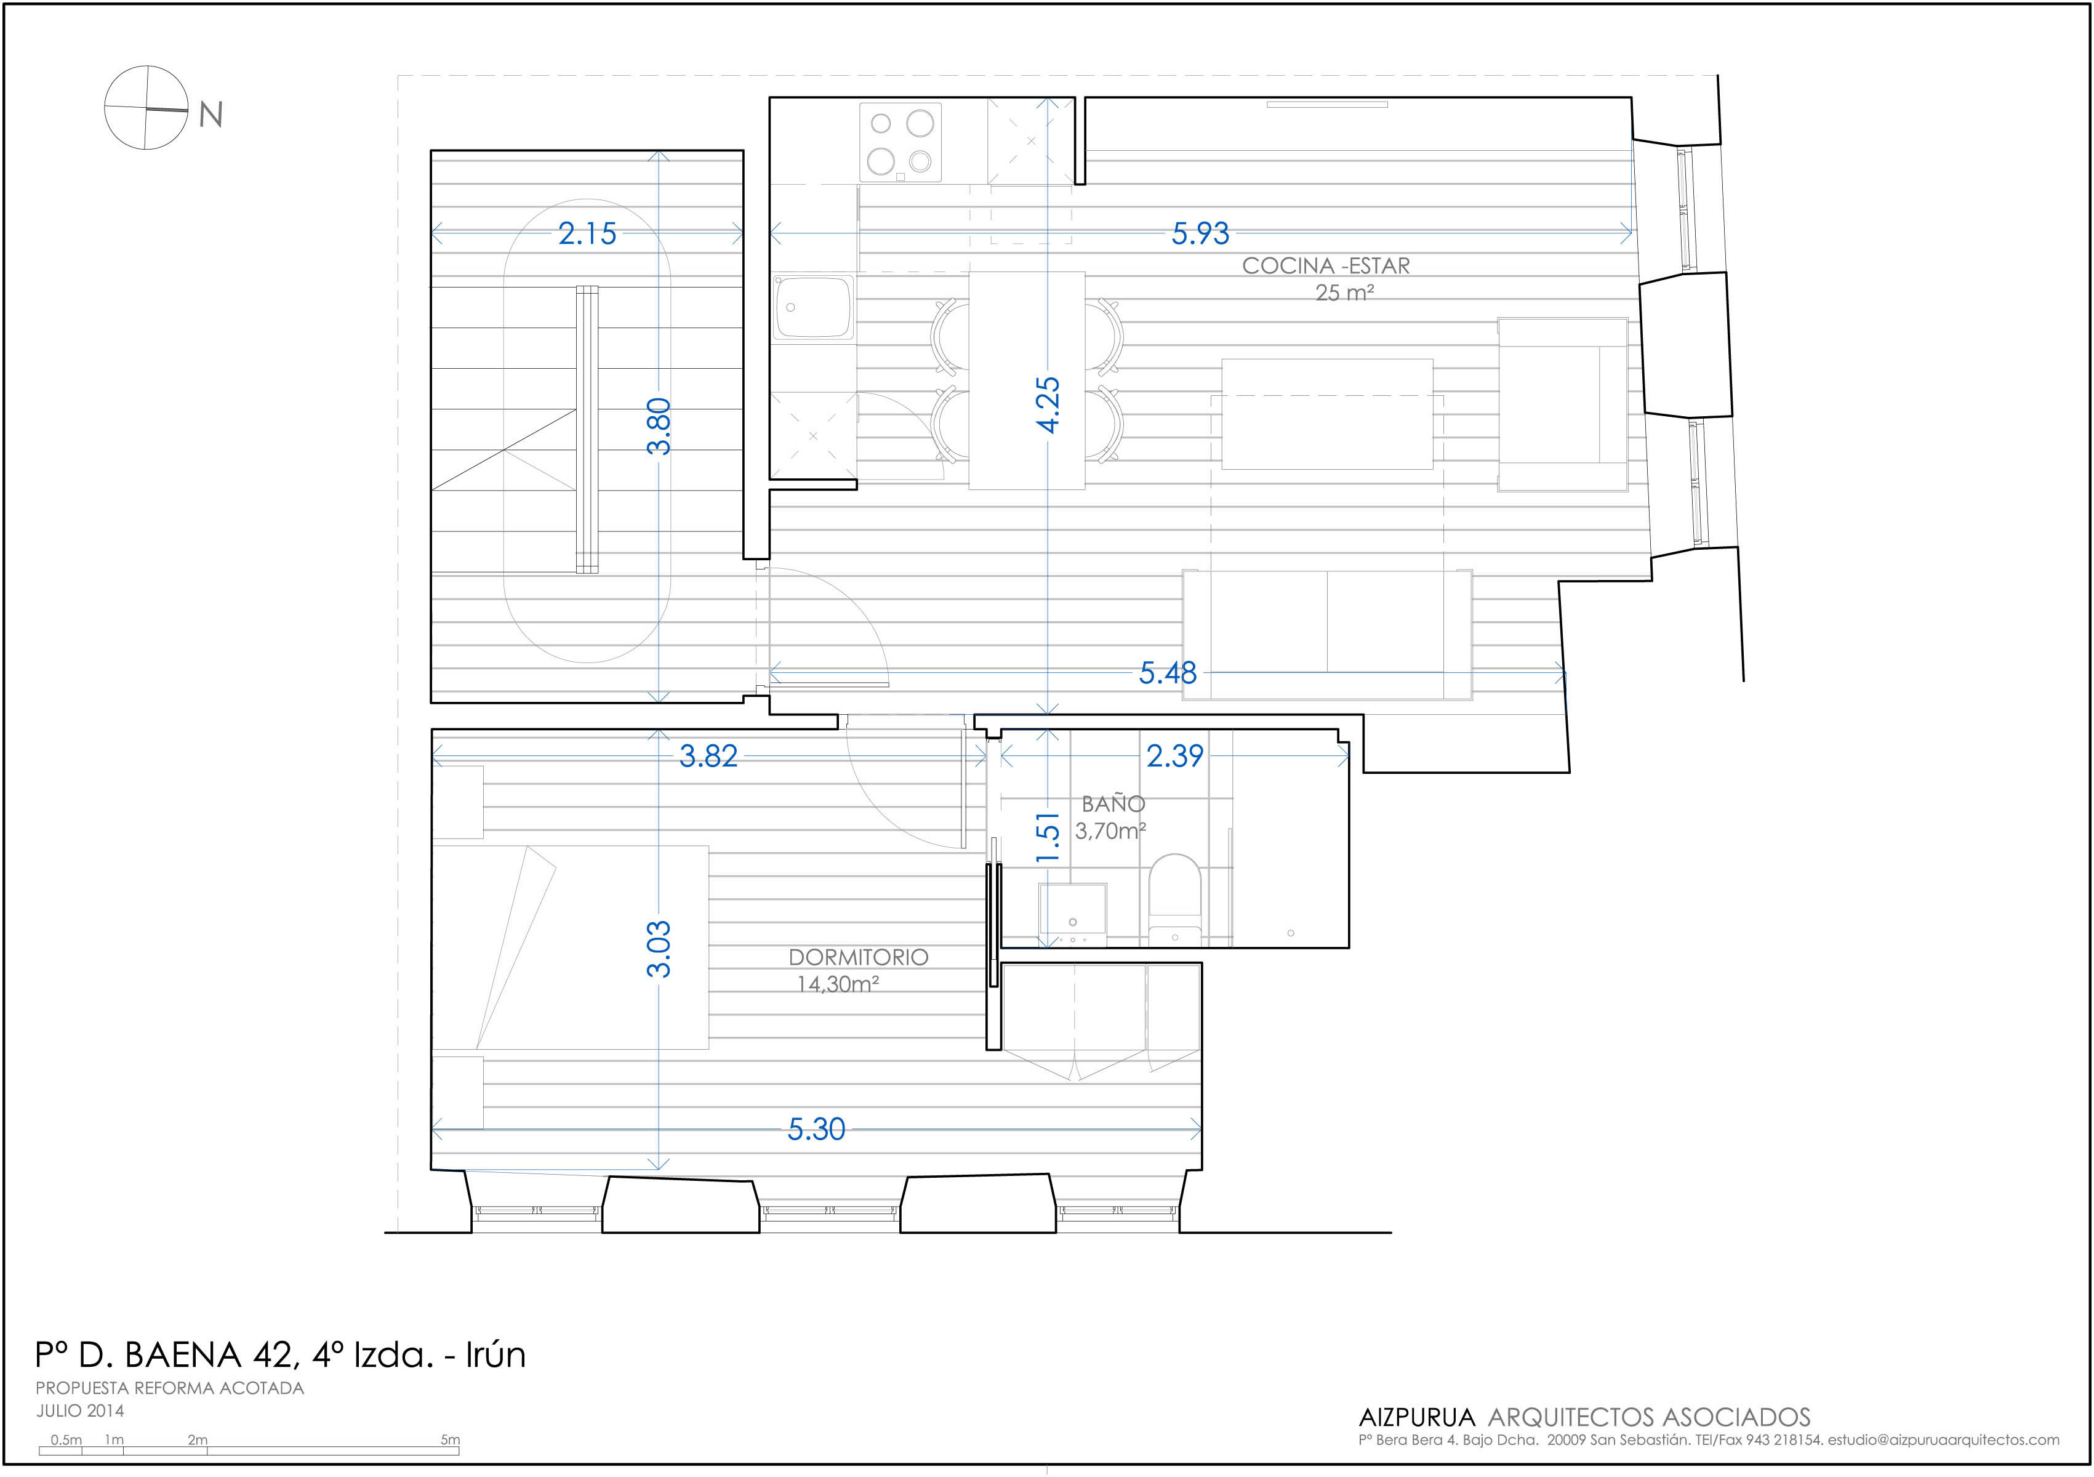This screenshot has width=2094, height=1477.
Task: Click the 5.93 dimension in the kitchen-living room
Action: click(1200, 233)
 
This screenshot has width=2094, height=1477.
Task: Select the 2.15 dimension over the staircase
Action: click(587, 233)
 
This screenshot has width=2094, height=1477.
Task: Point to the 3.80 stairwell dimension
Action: click(659, 426)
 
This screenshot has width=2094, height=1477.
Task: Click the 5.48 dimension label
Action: click(1168, 674)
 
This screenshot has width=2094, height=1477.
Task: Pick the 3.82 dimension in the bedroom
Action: click(708, 756)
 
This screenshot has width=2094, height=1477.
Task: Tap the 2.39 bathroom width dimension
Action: click(1174, 755)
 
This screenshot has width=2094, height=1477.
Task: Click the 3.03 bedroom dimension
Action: click(659, 949)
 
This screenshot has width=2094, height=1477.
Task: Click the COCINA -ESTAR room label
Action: click(1326, 265)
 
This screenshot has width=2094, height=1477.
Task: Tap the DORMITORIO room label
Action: click(858, 957)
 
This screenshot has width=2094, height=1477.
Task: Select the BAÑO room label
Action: click(1113, 803)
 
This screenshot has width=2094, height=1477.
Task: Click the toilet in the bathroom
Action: click(1174, 899)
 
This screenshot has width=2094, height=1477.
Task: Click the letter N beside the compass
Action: click(211, 115)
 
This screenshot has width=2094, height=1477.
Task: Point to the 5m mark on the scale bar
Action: click(451, 1439)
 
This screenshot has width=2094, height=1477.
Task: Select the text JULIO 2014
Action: click(80, 1411)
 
